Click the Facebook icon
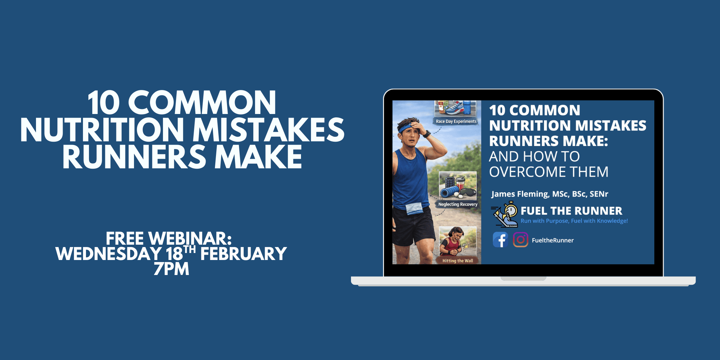[500, 240]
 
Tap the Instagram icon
[520, 240]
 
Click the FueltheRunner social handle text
[553, 240]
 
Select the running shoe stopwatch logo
[504, 214]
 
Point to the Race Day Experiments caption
[456, 122]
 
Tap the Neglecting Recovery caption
[458, 204]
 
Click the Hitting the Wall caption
[458, 261]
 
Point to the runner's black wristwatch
[426, 134]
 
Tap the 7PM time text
[171, 269]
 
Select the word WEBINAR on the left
[190, 239]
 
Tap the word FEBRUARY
[243, 254]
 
